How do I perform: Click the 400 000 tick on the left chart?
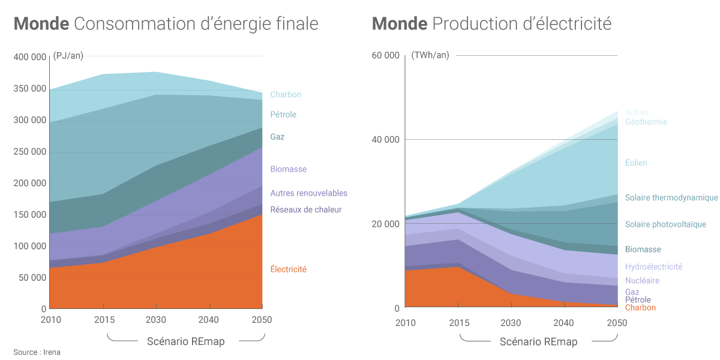click(29, 57)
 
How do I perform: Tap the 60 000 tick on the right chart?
click(385, 56)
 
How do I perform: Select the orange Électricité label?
click(288, 269)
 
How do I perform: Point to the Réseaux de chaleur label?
click(306, 209)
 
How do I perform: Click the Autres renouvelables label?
click(308, 193)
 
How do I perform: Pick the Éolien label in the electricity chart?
click(636, 163)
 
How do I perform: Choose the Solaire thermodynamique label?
click(671, 197)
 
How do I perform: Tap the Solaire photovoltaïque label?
click(665, 224)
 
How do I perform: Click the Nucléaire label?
click(642, 280)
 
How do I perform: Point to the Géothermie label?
click(646, 122)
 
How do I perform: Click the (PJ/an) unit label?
click(68, 56)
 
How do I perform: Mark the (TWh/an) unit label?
click(430, 55)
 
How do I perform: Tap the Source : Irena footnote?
click(37, 352)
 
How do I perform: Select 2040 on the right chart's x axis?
click(564, 323)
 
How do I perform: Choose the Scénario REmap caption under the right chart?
click(538, 342)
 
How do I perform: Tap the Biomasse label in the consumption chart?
click(288, 169)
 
